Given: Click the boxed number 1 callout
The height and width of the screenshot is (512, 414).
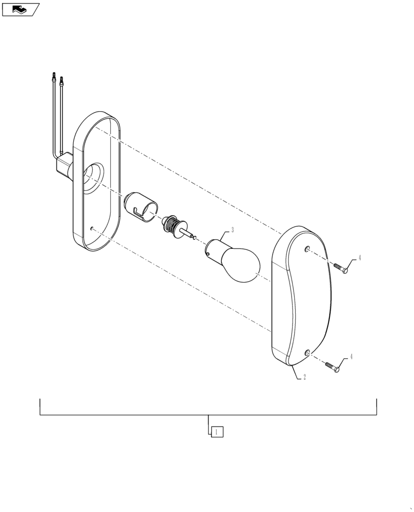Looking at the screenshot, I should tap(217, 432).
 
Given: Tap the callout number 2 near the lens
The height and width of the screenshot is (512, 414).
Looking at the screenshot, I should tap(305, 377).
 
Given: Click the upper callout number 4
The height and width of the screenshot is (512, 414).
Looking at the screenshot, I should tap(359, 258).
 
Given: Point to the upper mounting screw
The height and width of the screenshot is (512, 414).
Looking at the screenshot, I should tap(341, 268).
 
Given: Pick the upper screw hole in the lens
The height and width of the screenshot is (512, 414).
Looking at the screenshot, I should tap(306, 249).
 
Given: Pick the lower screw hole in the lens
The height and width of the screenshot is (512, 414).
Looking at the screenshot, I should tap(307, 352).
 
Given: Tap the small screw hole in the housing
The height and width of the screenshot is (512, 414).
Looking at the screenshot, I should tap(91, 229).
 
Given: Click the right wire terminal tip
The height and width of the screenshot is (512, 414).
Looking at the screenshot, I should tap(62, 80).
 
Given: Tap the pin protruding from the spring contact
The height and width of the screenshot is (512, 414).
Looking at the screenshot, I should tap(190, 235).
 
